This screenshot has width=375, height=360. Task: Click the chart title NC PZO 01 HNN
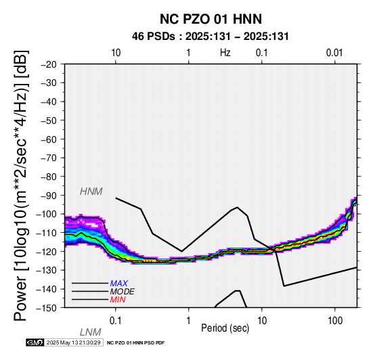[x=211, y=19]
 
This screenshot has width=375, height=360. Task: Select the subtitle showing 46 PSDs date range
[x=211, y=37]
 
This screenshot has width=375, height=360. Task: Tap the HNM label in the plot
[x=91, y=192]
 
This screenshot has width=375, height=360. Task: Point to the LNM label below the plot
[x=91, y=332]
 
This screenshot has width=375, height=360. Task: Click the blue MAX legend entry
[x=119, y=284]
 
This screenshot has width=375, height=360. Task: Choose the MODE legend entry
[x=123, y=292]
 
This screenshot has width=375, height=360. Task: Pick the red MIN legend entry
[x=118, y=300]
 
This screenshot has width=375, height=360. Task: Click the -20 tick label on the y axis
[x=48, y=64]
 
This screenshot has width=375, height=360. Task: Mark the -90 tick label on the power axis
[x=48, y=196]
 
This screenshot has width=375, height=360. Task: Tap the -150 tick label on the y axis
[x=46, y=308]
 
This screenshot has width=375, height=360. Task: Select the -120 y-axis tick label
[x=46, y=252]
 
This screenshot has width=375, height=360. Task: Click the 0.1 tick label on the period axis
[x=116, y=321]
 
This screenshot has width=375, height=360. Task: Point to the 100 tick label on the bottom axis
[x=335, y=321]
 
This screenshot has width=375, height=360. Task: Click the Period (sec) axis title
[x=225, y=328]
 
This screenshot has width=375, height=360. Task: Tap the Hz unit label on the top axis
[x=225, y=53]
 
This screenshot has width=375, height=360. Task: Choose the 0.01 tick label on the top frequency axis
[x=334, y=53]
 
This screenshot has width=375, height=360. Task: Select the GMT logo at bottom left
[x=35, y=342]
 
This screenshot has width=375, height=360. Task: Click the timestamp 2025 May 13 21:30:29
[x=73, y=342]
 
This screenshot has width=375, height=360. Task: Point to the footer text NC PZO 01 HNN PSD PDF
[x=135, y=343]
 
